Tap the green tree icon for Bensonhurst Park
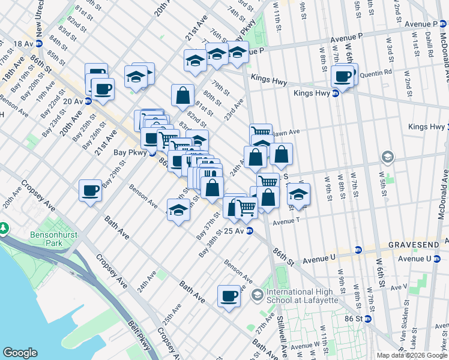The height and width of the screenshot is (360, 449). tap(5, 229)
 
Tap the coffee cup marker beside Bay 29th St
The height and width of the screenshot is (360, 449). tap(90, 190)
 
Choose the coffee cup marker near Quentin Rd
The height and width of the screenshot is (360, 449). tap(343, 76)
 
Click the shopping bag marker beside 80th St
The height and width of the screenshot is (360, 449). tap(182, 95)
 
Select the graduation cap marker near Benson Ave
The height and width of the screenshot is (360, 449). tap(178, 211)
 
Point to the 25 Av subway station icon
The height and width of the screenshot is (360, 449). tap(249, 230)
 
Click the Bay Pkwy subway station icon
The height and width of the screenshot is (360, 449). tap(153, 152)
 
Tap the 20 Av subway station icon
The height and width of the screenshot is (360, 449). tap(88, 101)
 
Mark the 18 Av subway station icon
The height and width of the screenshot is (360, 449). tap(39, 44)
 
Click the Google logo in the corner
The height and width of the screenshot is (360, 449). tap(20, 352)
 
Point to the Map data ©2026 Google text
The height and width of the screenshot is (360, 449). tap(412, 355)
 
